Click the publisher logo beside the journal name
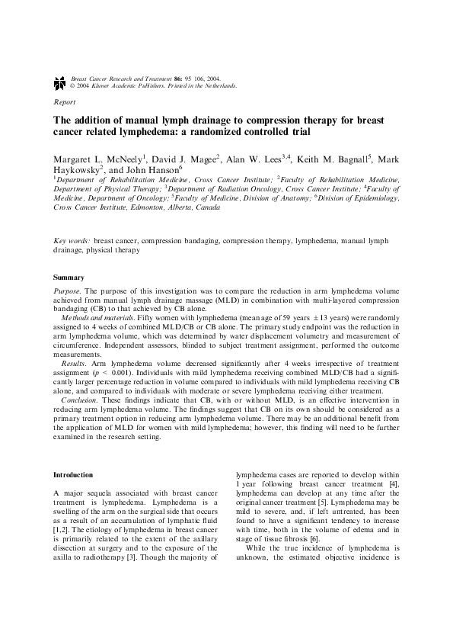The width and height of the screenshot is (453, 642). coord(59,82)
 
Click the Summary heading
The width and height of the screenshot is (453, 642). coord(69,277)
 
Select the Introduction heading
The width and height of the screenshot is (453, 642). coord(73,474)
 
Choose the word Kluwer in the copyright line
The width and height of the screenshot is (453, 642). coord(94,86)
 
